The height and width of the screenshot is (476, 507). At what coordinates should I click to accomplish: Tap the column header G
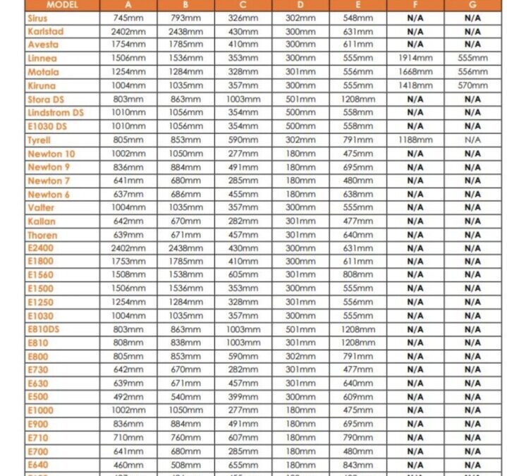pos(472,4)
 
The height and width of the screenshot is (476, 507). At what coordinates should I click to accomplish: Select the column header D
pos(301,4)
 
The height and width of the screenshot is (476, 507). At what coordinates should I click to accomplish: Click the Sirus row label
pos(37,18)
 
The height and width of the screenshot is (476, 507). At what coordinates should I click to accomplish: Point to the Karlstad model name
pos(46,32)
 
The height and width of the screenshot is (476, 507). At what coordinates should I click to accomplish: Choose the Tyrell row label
pos(39,140)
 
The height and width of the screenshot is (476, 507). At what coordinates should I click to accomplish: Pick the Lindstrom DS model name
pos(55,113)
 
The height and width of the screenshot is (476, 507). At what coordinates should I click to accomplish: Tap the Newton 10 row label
pos(51,154)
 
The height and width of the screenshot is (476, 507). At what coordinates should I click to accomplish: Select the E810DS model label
pos(44,329)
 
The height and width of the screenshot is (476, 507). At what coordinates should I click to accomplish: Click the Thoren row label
pos(42,235)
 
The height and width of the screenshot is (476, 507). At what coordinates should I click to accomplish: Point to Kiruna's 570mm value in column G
pos(472,86)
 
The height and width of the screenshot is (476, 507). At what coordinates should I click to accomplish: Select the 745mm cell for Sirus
pos(128,18)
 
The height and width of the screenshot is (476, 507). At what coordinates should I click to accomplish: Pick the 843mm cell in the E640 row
pos(358,465)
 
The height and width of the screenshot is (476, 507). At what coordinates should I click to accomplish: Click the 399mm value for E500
pos(243,397)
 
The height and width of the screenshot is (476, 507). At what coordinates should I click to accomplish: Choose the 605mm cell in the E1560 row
pos(243,275)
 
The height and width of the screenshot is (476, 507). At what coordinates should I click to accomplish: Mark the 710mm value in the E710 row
pos(128,438)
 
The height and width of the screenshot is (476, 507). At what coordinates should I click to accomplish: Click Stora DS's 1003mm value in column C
pos(243,99)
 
